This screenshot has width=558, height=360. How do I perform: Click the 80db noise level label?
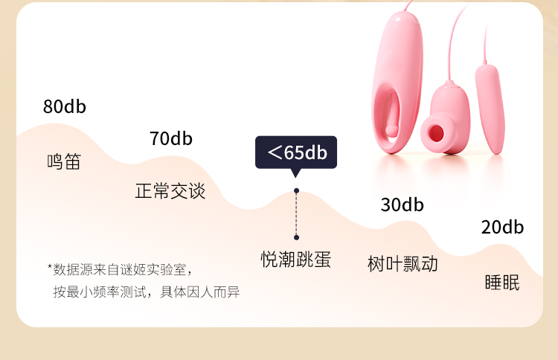(65, 107)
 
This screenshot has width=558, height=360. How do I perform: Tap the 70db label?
(170, 139)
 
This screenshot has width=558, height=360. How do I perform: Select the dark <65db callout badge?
(296, 152)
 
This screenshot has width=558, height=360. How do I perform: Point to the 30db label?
(402, 205)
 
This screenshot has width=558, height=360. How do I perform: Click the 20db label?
(502, 228)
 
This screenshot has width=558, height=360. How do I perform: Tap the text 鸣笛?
(63, 162)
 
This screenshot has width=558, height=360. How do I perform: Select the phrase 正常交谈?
(170, 191)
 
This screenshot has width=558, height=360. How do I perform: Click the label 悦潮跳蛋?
(296, 260)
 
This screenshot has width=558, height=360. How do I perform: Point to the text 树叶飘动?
(403, 263)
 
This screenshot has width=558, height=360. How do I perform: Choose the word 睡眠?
(502, 283)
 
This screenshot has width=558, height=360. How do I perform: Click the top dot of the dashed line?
(296, 191)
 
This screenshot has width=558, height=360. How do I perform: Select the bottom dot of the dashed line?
(296, 237)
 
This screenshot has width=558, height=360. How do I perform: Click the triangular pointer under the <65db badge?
(296, 173)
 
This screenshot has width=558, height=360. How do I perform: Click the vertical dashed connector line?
(296, 214)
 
